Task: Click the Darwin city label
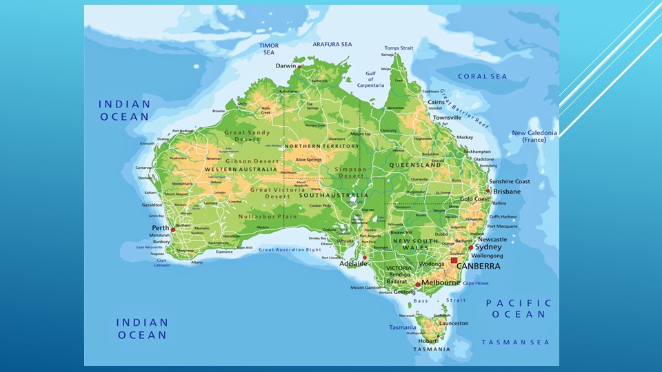(285, 66)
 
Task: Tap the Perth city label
(160, 227)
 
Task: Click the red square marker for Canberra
(453, 260)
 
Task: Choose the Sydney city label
(488, 247)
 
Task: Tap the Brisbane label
(507, 192)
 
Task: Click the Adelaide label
(352, 264)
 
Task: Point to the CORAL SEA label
(482, 76)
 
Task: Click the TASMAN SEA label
(515, 342)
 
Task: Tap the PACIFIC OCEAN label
(519, 309)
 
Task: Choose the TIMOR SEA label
(269, 49)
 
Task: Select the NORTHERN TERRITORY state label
(322, 146)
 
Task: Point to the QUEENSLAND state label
(414, 165)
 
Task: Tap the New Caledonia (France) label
(534, 136)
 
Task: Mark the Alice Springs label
(308, 160)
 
